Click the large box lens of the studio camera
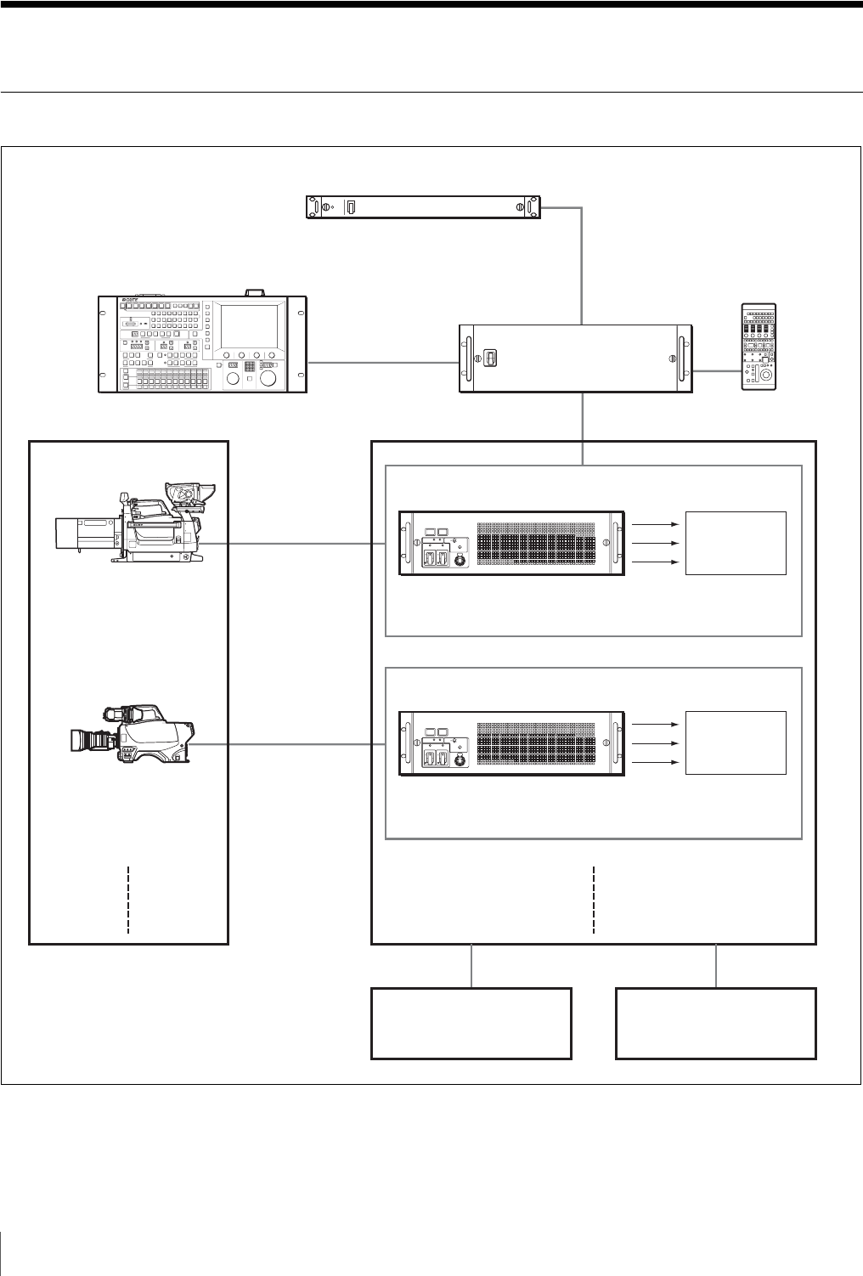pyautogui.click(x=81, y=534)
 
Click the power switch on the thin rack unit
pyautogui.click(x=352, y=207)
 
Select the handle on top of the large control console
pyautogui.click(x=253, y=291)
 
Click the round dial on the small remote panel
pyautogui.click(x=766, y=375)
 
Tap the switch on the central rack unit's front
pyautogui.click(x=489, y=359)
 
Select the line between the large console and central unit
pyautogui.click(x=382, y=362)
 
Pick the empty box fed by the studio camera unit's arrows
pyautogui.click(x=736, y=543)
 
